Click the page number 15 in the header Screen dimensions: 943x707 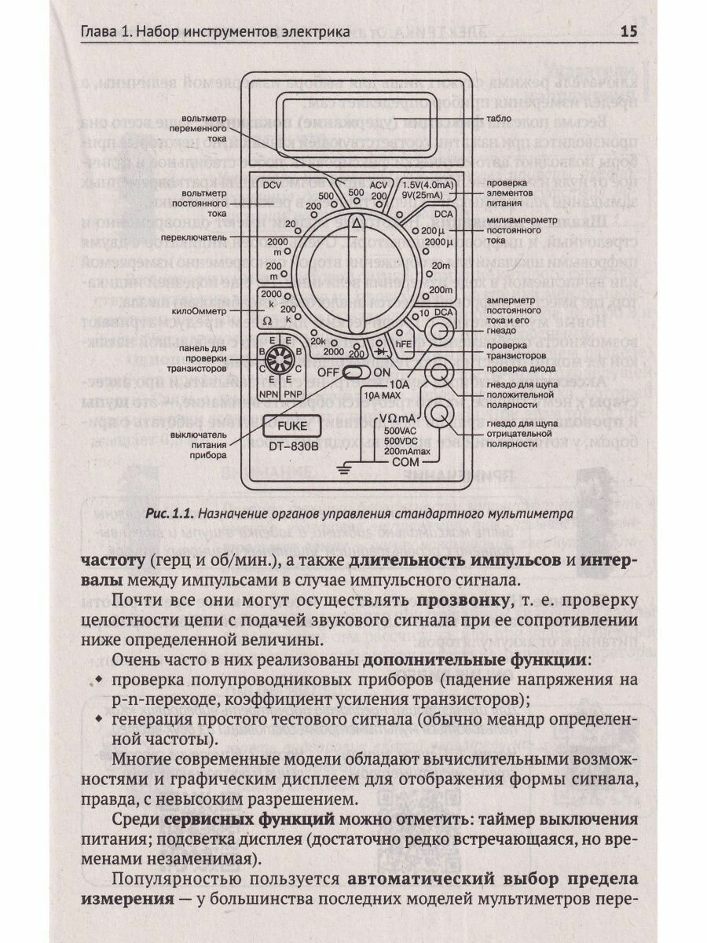pos(628,32)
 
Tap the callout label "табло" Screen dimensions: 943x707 pos(497,119)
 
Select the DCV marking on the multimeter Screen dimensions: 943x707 pos(272,186)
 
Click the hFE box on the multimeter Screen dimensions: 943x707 pos(403,342)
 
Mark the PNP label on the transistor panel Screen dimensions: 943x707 pos(295,391)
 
